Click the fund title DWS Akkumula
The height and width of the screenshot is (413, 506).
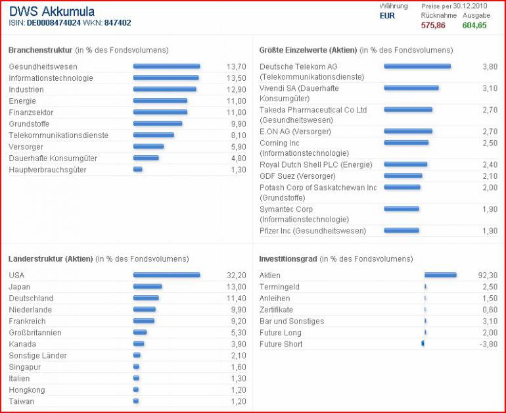tap(52, 12)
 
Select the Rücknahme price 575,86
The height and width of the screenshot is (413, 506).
tap(433, 25)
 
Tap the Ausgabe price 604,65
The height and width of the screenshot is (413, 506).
tap(474, 25)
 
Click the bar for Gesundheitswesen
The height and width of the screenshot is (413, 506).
tap(166, 66)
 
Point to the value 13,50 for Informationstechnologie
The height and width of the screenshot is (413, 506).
tap(236, 78)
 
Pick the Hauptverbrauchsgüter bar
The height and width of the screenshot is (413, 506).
tap(138, 170)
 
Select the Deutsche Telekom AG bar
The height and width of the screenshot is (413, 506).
tap(417, 66)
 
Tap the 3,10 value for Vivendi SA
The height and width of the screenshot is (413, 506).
tap(490, 88)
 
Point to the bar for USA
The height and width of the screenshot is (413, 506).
tap(166, 275)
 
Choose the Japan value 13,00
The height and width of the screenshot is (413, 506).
tap(236, 287)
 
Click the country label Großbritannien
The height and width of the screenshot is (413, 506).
tap(35, 333)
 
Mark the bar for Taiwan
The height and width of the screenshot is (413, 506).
tap(136, 401)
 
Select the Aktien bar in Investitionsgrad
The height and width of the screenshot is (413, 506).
tap(440, 275)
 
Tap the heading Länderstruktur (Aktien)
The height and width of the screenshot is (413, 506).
tap(51, 259)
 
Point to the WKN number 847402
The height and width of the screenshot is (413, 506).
tap(118, 23)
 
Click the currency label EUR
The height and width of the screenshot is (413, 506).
tap(388, 16)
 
